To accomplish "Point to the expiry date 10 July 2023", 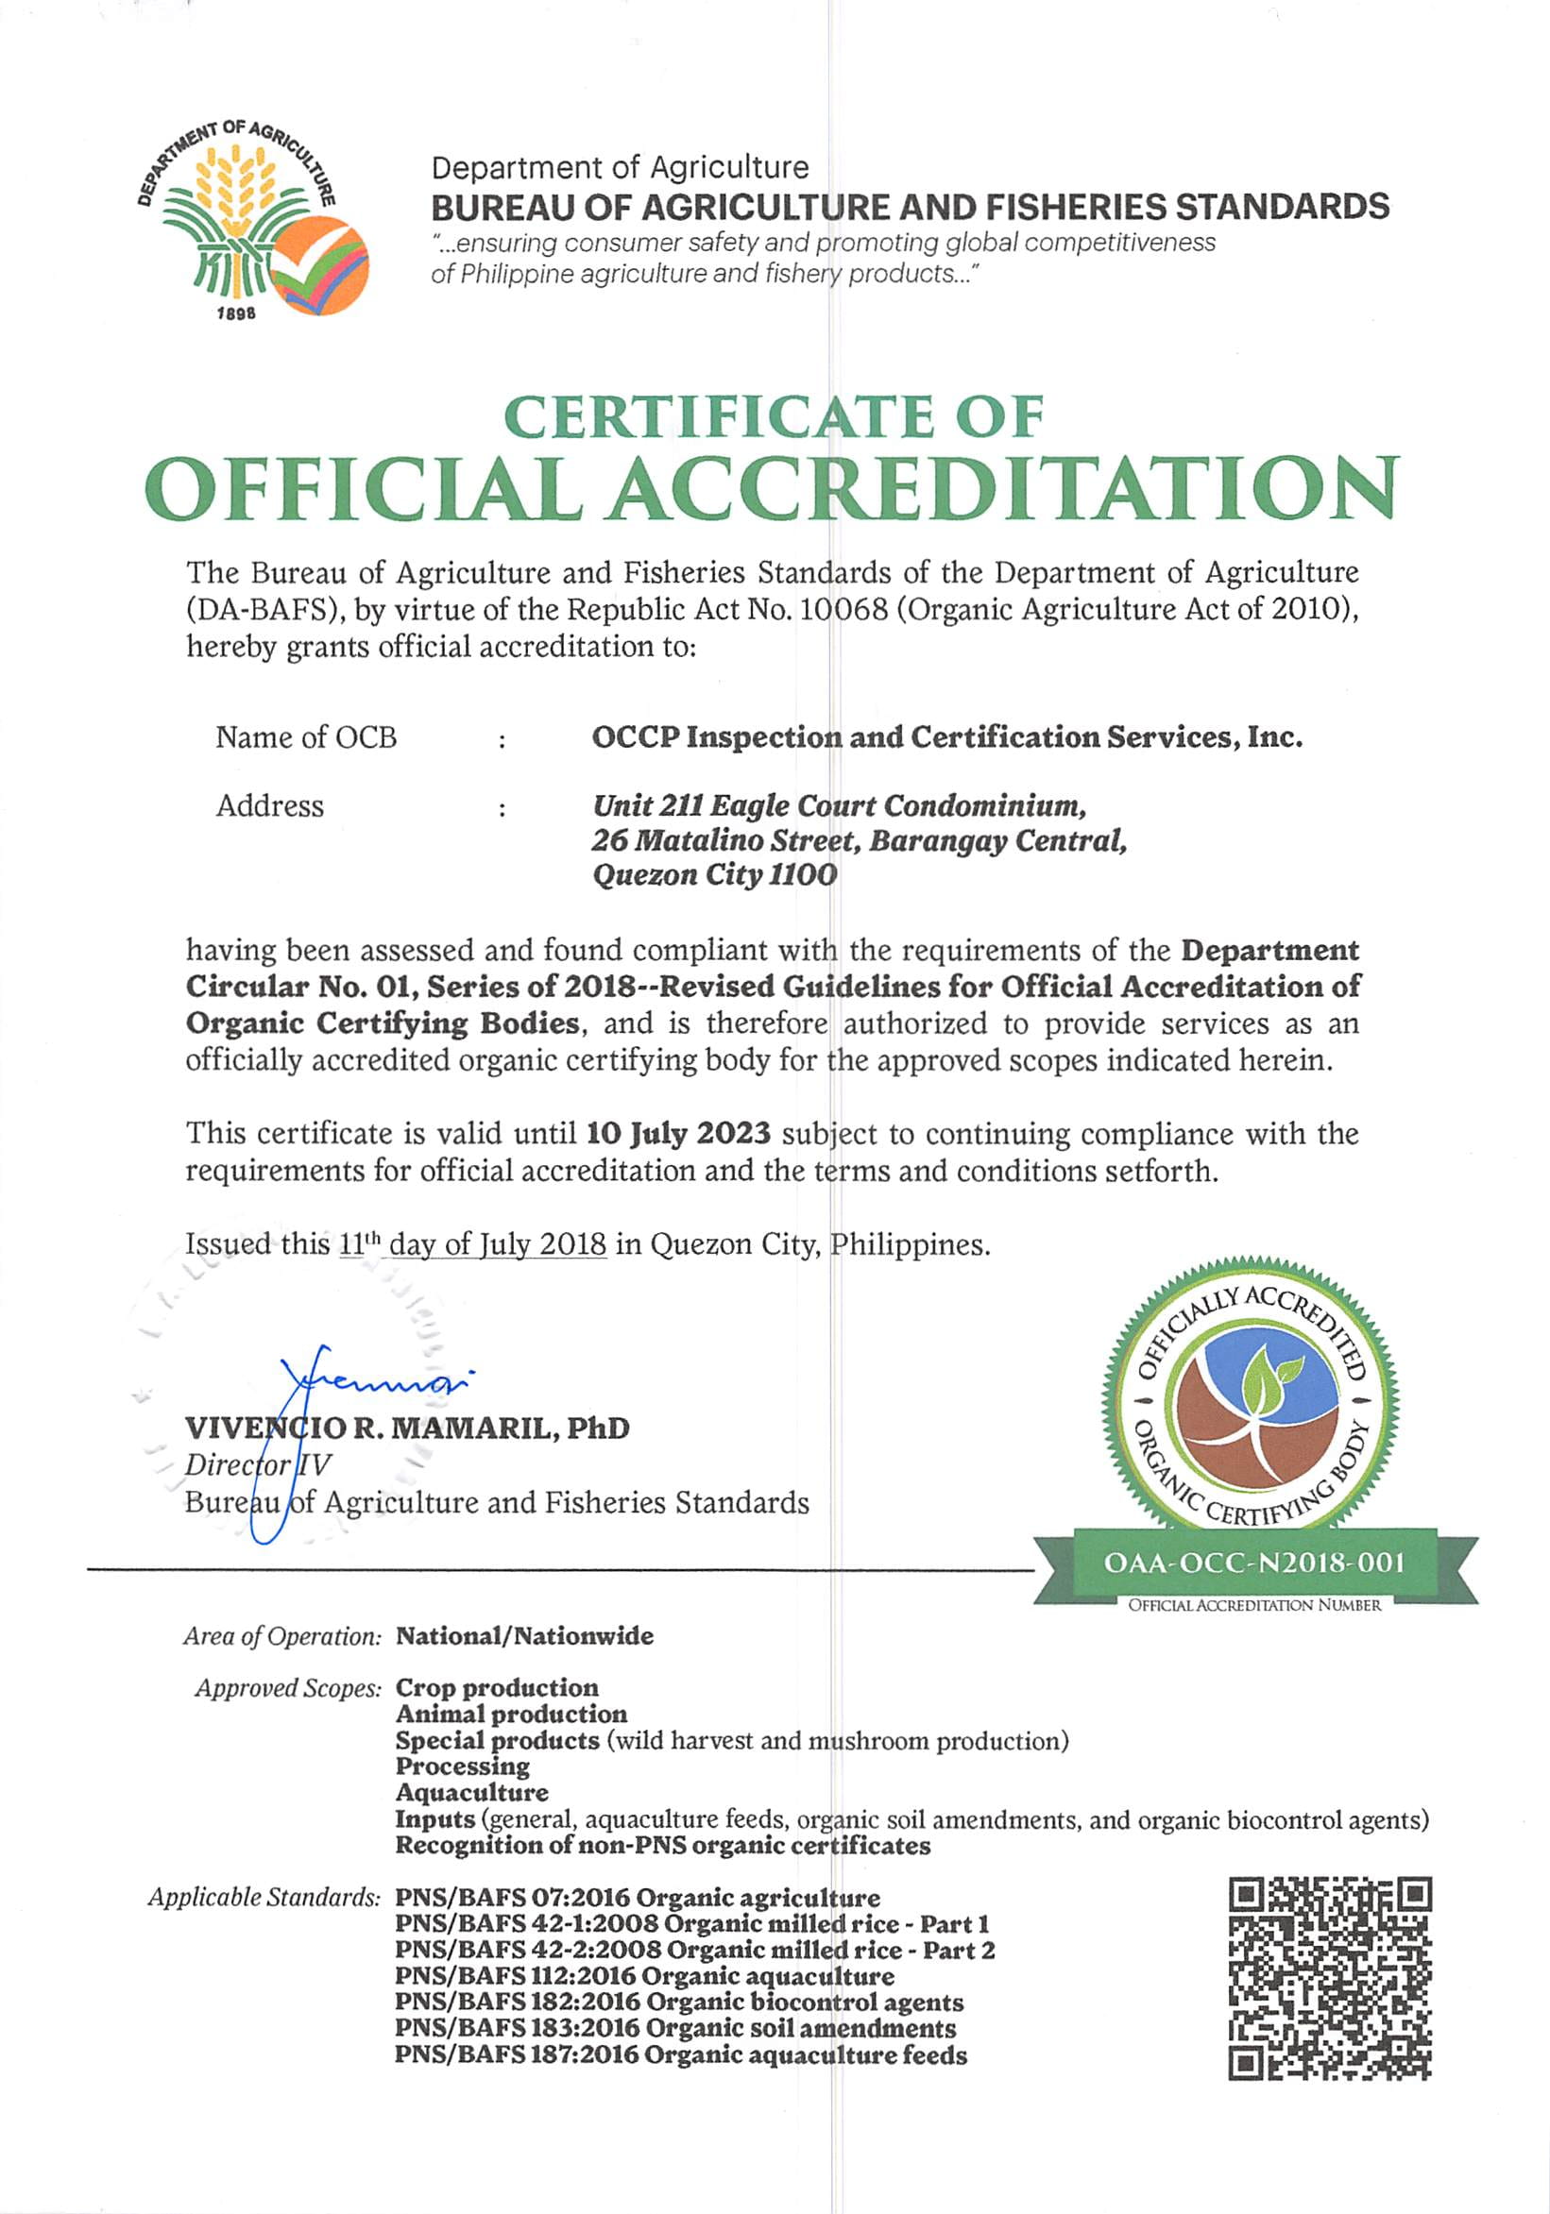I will [x=678, y=1133].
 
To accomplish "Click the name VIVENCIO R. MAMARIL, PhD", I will [x=407, y=1428].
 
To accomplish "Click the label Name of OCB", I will [x=306, y=737].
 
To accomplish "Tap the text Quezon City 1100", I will [x=715, y=874].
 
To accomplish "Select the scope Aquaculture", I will [x=471, y=1793].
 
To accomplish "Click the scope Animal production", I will [x=511, y=1714].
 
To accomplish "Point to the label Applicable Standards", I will [x=264, y=1898].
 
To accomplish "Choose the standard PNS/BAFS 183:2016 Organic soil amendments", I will [x=675, y=2028].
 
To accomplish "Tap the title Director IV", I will [x=258, y=1465].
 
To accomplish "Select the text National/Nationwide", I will [x=525, y=1635].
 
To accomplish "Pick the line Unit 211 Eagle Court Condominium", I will [x=839, y=805].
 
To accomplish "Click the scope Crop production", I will [x=497, y=1687].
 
